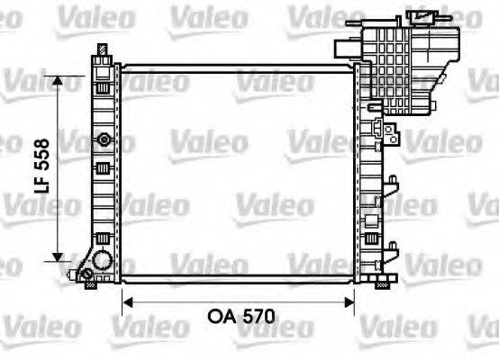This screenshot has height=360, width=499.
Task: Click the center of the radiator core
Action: [239, 171]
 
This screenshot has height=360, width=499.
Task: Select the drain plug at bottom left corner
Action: [86, 274]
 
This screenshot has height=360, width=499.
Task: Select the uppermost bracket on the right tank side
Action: [389, 135]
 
